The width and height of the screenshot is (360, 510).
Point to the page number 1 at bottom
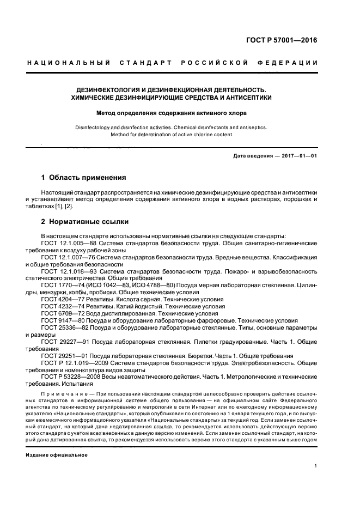pos(316,466)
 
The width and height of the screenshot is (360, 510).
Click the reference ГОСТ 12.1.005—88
pos(69,242)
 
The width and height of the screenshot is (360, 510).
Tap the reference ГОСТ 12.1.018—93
pos(69,271)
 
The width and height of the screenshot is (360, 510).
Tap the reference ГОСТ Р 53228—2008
pos(69,377)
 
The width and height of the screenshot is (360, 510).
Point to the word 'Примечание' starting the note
pos(62,392)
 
